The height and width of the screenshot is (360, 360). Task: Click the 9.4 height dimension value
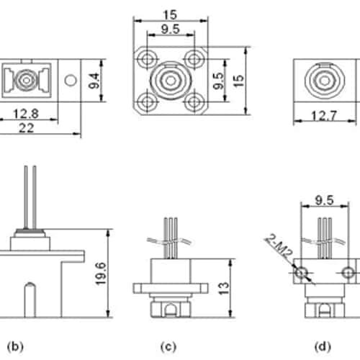94,81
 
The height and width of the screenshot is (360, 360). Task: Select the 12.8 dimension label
26,114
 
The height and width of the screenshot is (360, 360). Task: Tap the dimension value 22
26,128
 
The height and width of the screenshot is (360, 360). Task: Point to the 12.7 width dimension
324,116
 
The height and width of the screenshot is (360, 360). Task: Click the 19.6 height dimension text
101,274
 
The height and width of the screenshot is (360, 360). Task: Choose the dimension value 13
223,288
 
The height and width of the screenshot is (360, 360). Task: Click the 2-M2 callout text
279,246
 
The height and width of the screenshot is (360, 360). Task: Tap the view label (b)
15,346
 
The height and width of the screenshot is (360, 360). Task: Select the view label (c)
168,346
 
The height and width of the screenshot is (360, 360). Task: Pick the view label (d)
323,346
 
